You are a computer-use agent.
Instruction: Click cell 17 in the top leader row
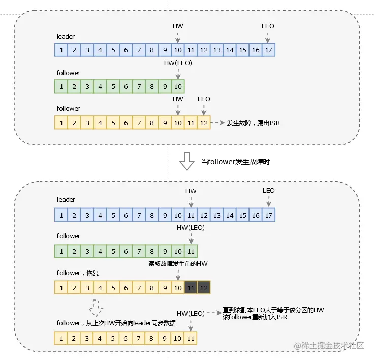268,50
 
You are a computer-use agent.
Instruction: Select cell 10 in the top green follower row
177,86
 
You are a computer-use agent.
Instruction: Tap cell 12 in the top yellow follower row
203,123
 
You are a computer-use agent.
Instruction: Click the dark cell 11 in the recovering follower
191,288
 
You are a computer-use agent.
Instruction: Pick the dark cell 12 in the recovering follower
203,288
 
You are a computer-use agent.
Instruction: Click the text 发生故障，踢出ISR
253,123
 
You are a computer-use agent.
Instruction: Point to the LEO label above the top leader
268,26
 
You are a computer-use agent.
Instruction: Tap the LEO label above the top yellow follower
203,99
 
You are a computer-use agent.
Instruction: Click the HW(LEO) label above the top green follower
177,63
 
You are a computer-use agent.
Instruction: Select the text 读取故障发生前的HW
178,263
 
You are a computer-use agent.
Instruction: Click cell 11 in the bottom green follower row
191,251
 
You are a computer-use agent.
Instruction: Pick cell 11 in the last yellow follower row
191,338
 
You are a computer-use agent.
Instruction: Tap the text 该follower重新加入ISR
256,317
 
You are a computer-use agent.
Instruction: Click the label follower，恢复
77,273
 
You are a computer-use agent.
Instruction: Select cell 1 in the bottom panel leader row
61,215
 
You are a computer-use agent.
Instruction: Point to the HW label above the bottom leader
191,191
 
